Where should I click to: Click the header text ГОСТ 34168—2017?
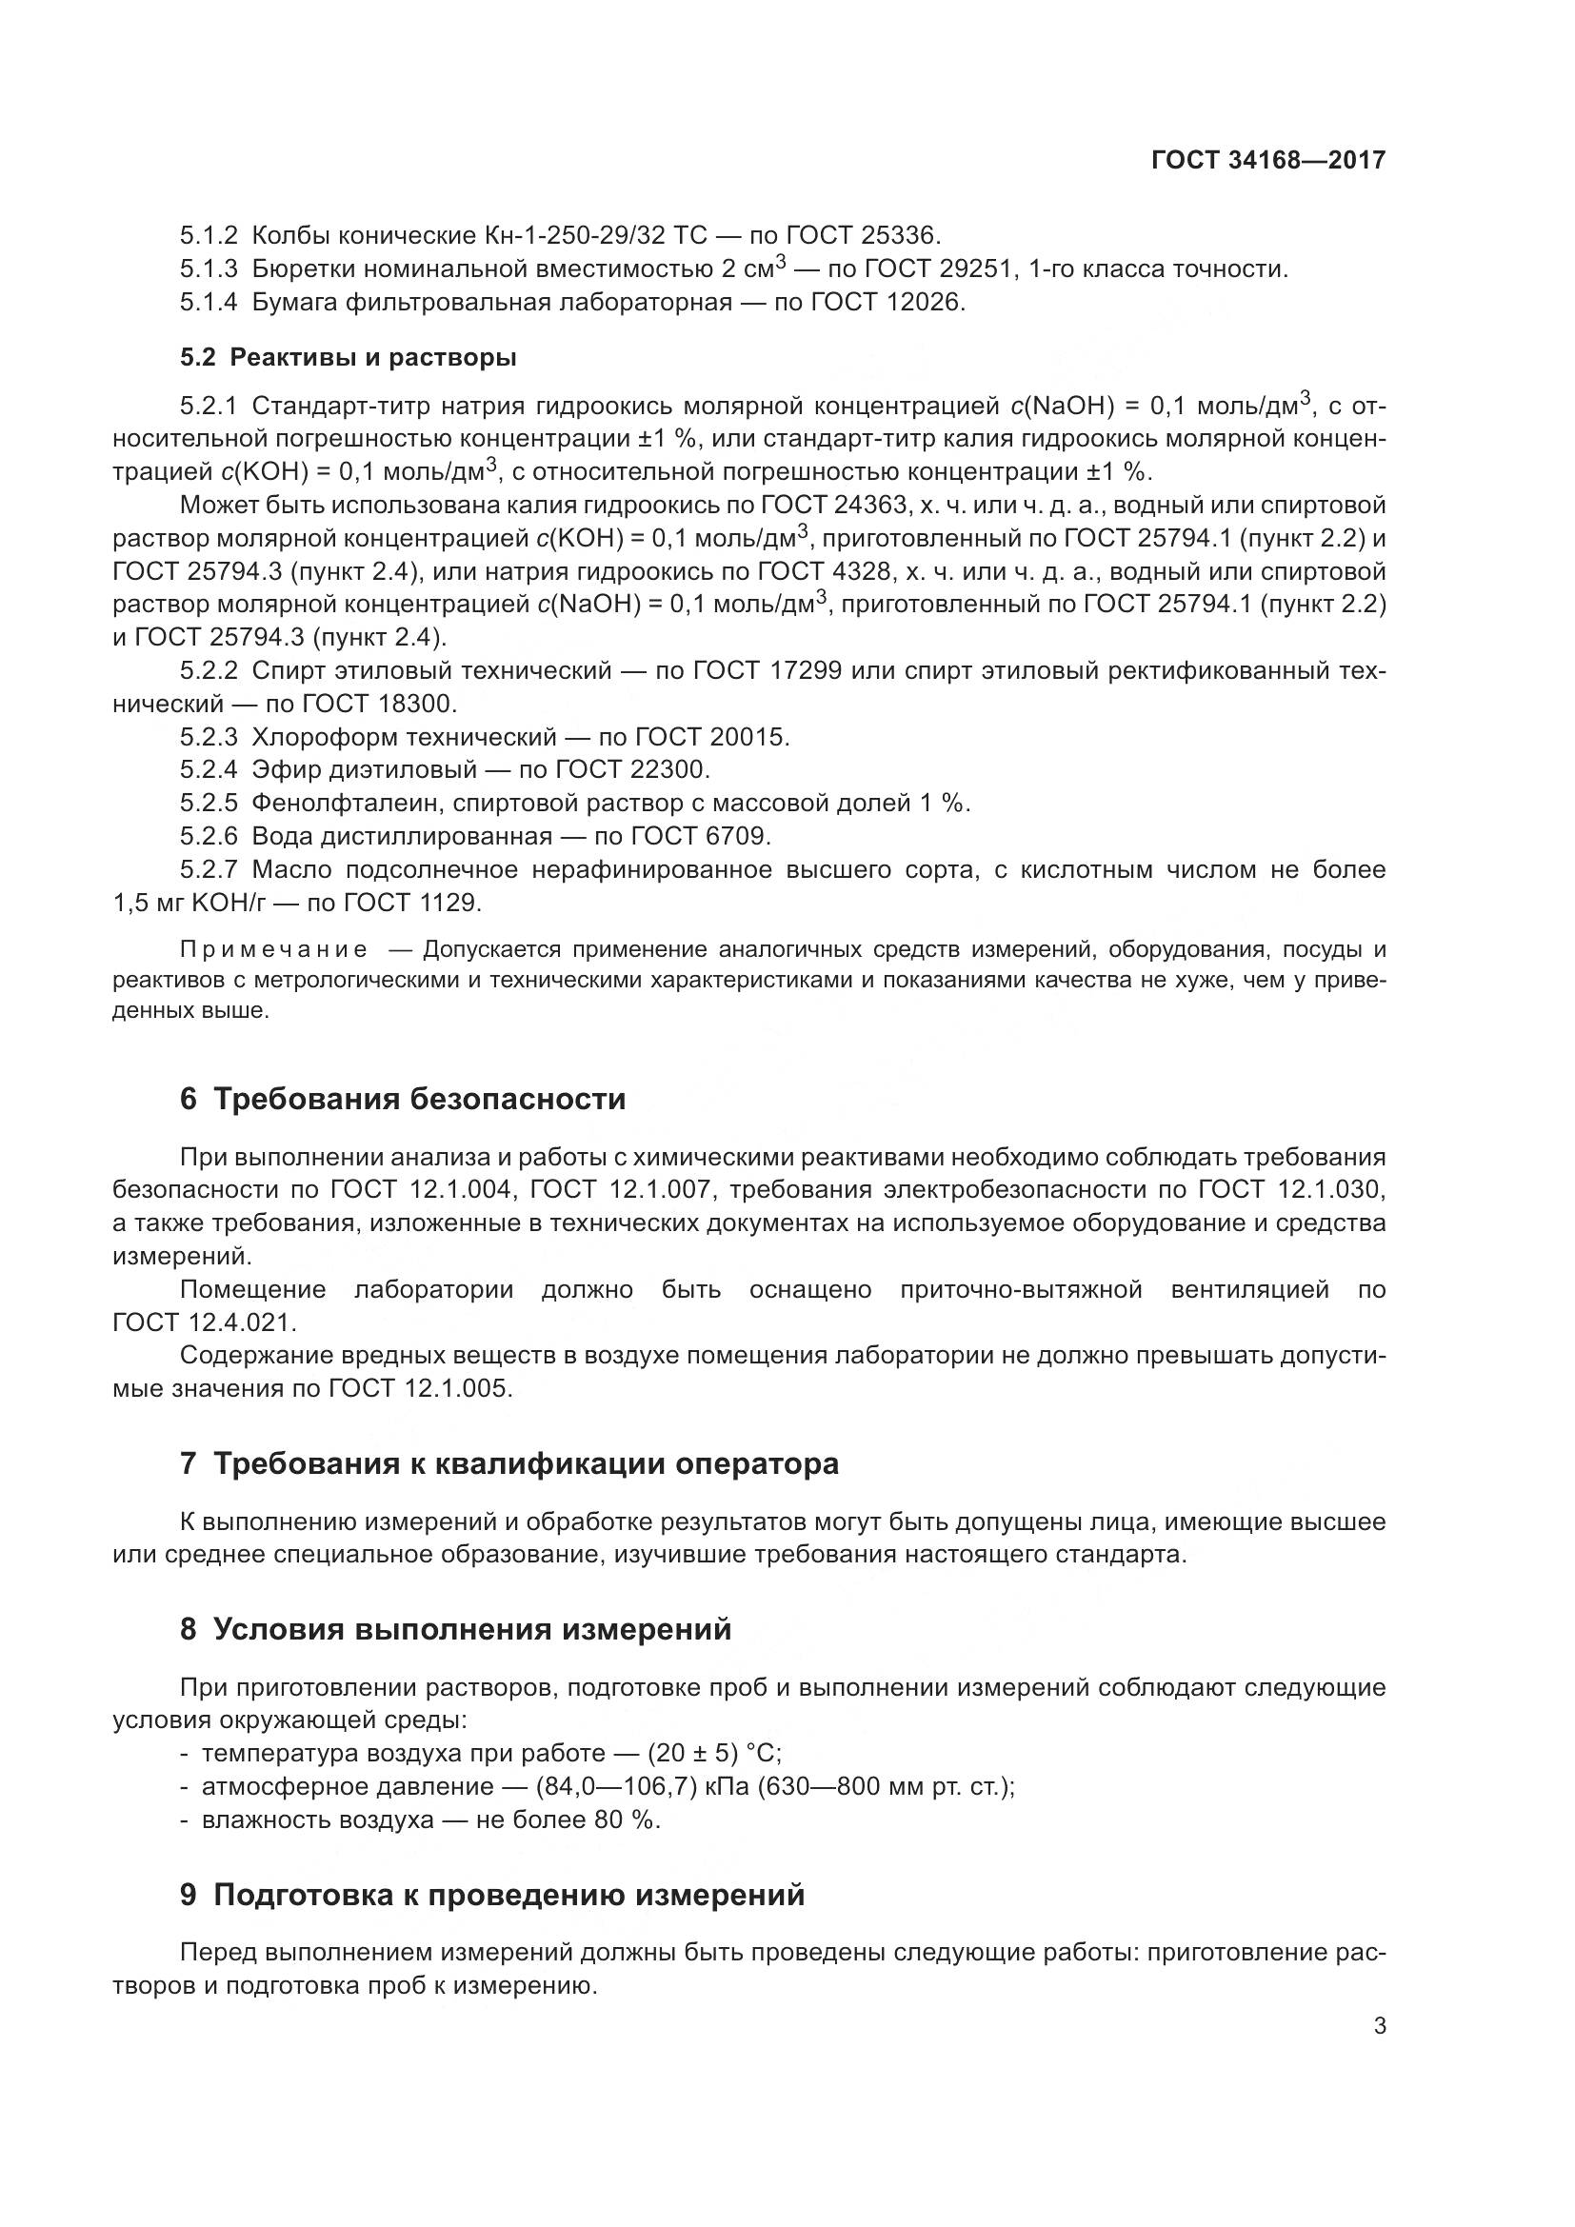pos(1267,161)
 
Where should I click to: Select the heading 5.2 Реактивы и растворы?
pos(349,358)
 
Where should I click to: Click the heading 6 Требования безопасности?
pos(403,1099)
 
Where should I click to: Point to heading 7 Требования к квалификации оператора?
pos(509,1463)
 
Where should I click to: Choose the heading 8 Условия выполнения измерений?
pos(455,1629)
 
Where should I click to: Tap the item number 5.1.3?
pos(209,269)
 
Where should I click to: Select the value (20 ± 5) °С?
pos(714,1754)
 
